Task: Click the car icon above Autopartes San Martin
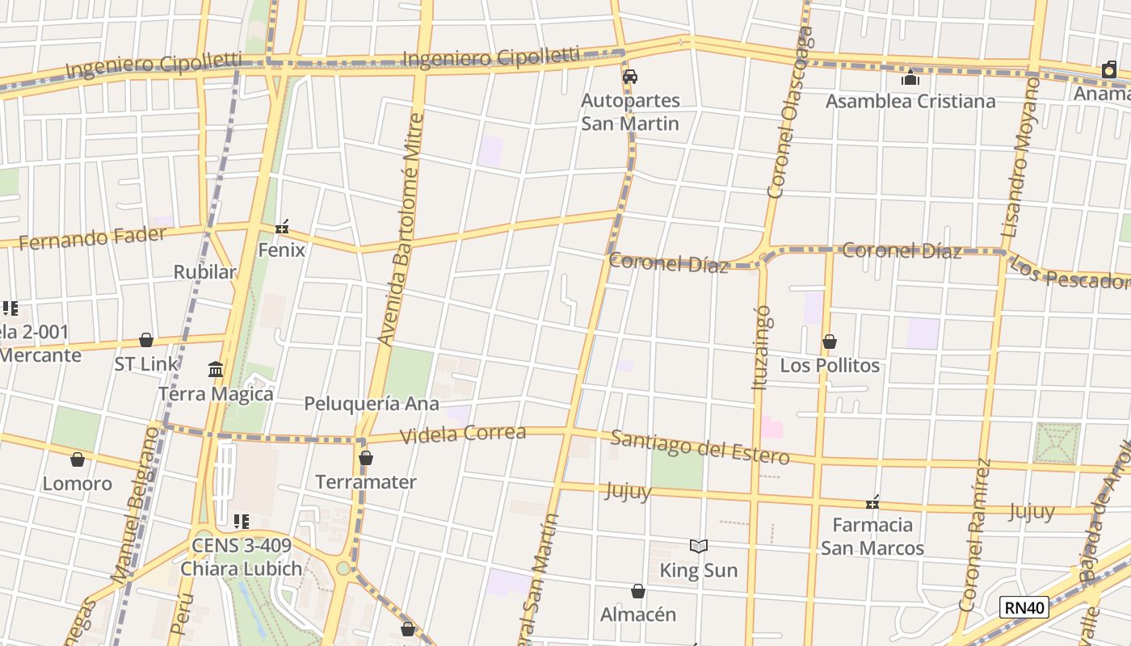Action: point(630,77)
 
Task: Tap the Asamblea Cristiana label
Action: point(910,101)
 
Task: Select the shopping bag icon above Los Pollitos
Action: point(829,342)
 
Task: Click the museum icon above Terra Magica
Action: point(216,370)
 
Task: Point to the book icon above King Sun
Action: point(699,547)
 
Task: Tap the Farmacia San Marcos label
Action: point(872,536)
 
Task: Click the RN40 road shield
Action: point(1024,607)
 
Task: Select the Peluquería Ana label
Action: point(372,404)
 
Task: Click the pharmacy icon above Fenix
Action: point(281,228)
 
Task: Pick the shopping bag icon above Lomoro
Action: point(78,460)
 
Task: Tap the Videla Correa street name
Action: point(463,434)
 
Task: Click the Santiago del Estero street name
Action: point(700,447)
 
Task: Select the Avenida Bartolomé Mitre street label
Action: point(402,230)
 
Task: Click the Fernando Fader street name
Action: point(92,238)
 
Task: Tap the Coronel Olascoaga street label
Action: point(789,113)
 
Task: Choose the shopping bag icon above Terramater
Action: point(366,459)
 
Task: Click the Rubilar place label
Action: point(205,272)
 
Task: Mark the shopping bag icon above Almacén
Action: point(638,592)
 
